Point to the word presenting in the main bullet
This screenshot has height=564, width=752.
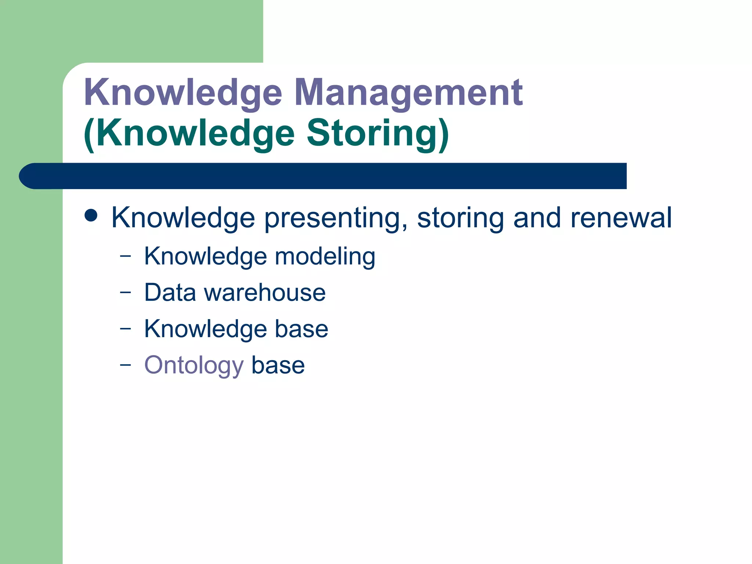(336, 218)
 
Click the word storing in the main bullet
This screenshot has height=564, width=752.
(460, 218)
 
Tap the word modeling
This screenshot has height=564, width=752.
(325, 256)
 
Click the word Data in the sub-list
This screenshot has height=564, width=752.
(170, 293)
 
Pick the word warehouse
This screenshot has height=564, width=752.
(265, 293)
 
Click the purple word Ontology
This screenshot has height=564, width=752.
(194, 366)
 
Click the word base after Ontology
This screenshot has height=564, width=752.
(278, 366)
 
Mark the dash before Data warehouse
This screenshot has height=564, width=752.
(125, 292)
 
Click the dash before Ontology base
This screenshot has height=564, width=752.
(125, 365)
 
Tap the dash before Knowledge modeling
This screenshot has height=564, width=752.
(125, 256)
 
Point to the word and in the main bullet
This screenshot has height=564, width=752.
(537, 218)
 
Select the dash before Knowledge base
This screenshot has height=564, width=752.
(125, 329)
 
